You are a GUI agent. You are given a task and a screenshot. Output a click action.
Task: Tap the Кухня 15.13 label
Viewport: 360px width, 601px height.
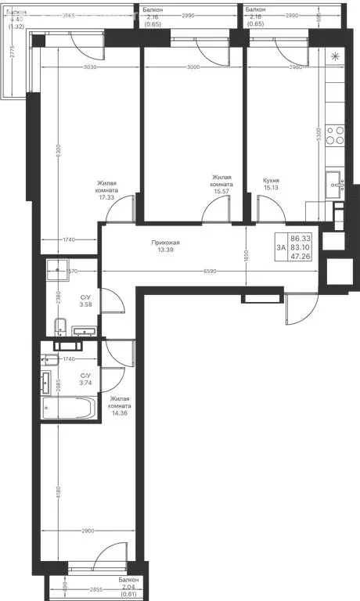[272, 184]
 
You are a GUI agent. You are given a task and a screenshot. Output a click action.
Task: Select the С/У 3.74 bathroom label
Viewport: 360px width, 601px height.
[87, 380]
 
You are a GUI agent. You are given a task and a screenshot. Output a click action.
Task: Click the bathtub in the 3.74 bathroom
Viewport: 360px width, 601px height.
[68, 408]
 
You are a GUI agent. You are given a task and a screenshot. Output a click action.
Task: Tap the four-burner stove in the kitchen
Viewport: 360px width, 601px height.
[335, 136]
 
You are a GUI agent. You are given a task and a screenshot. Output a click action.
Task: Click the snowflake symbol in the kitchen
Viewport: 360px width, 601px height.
[335, 56]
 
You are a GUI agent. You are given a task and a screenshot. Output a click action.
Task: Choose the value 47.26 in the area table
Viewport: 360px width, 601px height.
[300, 255]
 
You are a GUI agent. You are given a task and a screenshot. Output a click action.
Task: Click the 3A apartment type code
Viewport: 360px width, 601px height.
[280, 247]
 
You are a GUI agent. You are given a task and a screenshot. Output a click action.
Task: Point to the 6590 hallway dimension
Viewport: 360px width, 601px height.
[206, 271]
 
